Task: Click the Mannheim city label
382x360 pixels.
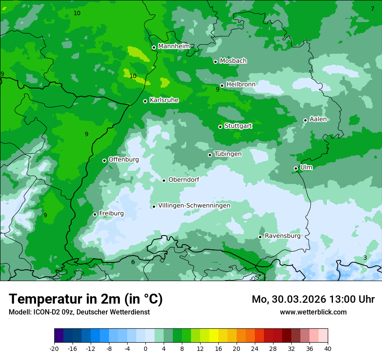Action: (174, 46)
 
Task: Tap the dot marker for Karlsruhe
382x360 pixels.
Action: (145, 101)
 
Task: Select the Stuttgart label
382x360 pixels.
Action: (238, 126)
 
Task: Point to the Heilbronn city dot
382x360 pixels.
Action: (222, 85)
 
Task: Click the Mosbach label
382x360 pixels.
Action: (233, 61)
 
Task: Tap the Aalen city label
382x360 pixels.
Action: (318, 119)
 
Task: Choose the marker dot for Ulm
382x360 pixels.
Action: (296, 168)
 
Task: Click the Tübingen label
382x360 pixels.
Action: (228, 154)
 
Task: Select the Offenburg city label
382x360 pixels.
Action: (124, 160)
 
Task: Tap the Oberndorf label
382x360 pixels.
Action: (184, 180)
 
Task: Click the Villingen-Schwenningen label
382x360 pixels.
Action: (194, 206)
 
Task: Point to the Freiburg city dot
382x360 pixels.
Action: (95, 214)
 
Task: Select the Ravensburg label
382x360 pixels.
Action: (283, 236)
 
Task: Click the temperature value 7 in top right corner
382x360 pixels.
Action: (372, 9)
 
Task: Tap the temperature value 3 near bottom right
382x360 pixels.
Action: (365, 258)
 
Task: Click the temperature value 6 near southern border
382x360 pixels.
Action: (133, 262)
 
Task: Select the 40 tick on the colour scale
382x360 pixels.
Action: (327, 349)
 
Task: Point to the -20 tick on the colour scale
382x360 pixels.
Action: (54, 349)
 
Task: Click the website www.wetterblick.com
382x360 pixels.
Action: (313, 312)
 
